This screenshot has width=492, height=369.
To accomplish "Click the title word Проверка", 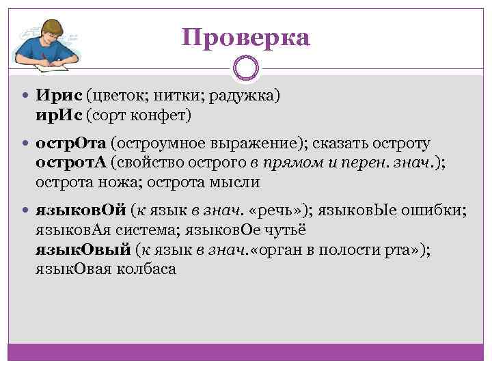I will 246,37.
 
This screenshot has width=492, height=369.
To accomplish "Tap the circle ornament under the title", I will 246,69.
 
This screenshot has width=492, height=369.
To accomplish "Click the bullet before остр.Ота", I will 27,145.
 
